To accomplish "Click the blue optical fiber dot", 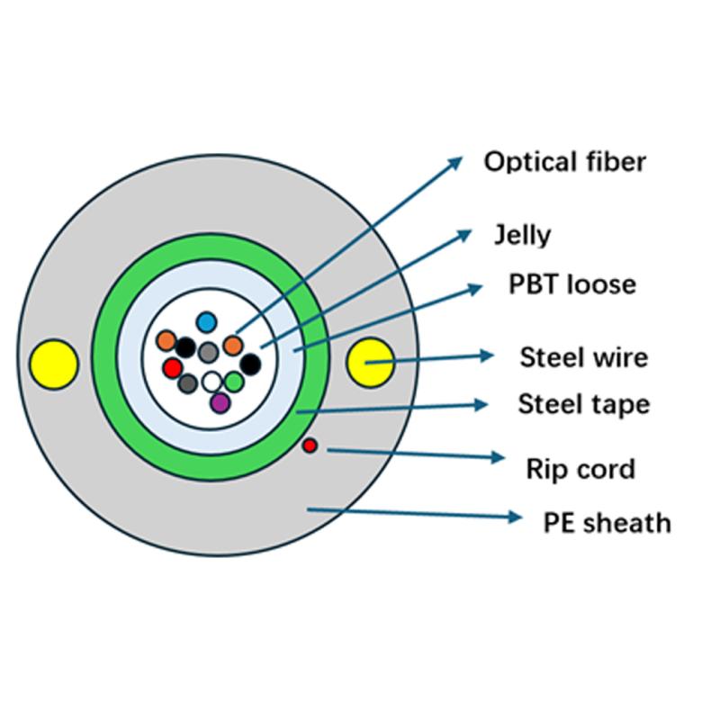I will point(208,321).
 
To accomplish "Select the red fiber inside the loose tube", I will point(172,367).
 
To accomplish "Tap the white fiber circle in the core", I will point(211,382).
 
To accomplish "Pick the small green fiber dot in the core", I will point(234,382).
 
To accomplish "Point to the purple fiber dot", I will point(220,402).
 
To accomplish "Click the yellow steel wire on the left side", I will point(53,364).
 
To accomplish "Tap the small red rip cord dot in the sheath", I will point(310,445).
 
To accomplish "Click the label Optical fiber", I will point(564,162).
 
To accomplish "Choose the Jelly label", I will point(522,236).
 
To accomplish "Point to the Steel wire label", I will point(583,357).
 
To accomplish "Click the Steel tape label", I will point(583,404).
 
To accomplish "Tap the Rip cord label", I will point(580,469).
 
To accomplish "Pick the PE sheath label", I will point(607,522).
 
